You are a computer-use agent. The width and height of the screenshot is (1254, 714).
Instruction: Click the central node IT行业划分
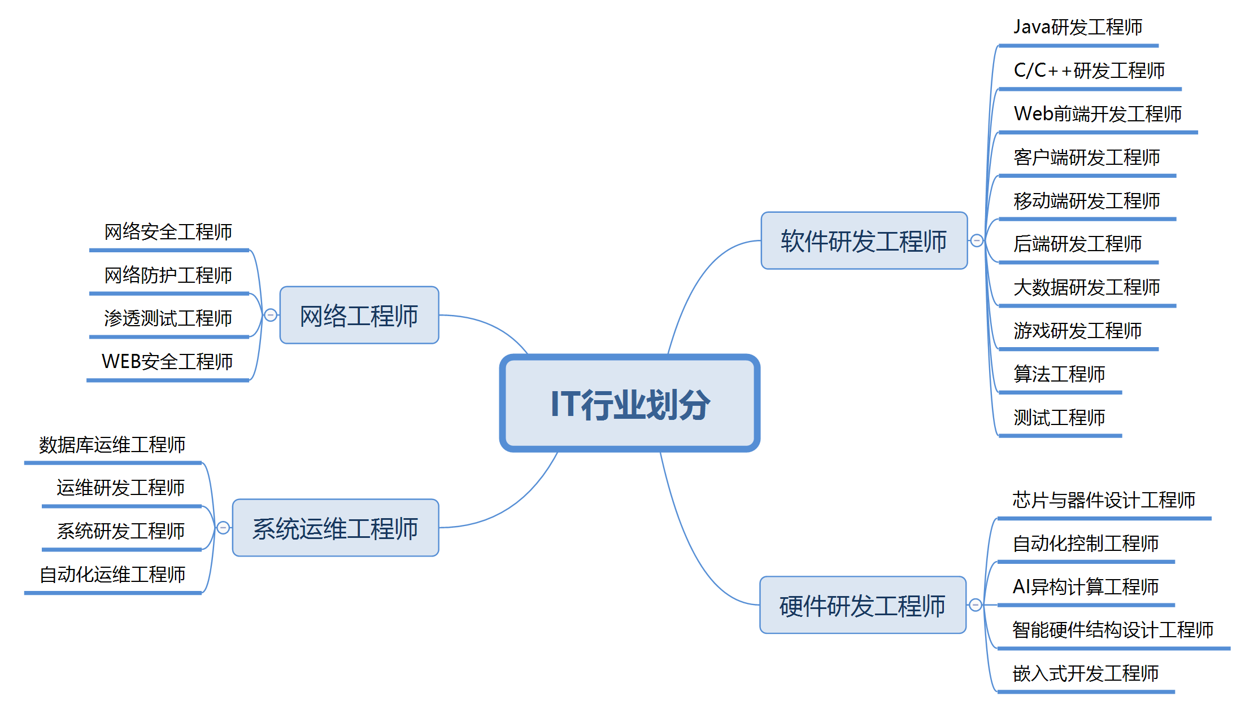629,404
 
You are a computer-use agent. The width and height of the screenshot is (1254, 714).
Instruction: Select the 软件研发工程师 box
864,241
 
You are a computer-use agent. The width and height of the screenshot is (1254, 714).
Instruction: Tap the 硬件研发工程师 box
863,606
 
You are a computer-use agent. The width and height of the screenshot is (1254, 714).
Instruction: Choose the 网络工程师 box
359,316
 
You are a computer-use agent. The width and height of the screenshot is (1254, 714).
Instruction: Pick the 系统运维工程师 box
336,528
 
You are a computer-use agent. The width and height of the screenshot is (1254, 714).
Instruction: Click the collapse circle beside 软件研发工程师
977,241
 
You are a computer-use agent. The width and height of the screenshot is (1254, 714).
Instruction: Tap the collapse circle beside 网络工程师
271,315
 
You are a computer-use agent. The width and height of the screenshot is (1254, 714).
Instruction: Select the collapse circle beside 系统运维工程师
223,528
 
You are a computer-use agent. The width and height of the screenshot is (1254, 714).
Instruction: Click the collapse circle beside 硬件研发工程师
976,605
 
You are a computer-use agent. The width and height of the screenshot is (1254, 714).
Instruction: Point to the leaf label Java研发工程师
1078,27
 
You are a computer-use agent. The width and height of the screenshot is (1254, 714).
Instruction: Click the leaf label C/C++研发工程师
1089,71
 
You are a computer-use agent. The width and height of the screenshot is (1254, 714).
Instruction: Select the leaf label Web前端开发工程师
1098,114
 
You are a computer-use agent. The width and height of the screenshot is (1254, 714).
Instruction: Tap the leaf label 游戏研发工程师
1078,331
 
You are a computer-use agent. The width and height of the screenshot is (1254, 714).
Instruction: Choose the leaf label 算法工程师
1059,374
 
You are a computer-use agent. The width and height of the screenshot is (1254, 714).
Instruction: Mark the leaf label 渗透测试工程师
168,318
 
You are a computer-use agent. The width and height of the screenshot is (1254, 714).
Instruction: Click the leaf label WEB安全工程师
167,362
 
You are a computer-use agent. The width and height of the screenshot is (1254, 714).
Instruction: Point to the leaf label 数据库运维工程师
112,445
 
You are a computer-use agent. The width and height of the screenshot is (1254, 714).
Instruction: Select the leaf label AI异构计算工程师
1086,587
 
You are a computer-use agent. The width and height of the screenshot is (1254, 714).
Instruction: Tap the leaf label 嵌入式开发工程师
1086,673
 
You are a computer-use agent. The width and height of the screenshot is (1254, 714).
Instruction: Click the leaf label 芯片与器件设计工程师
1104,500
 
